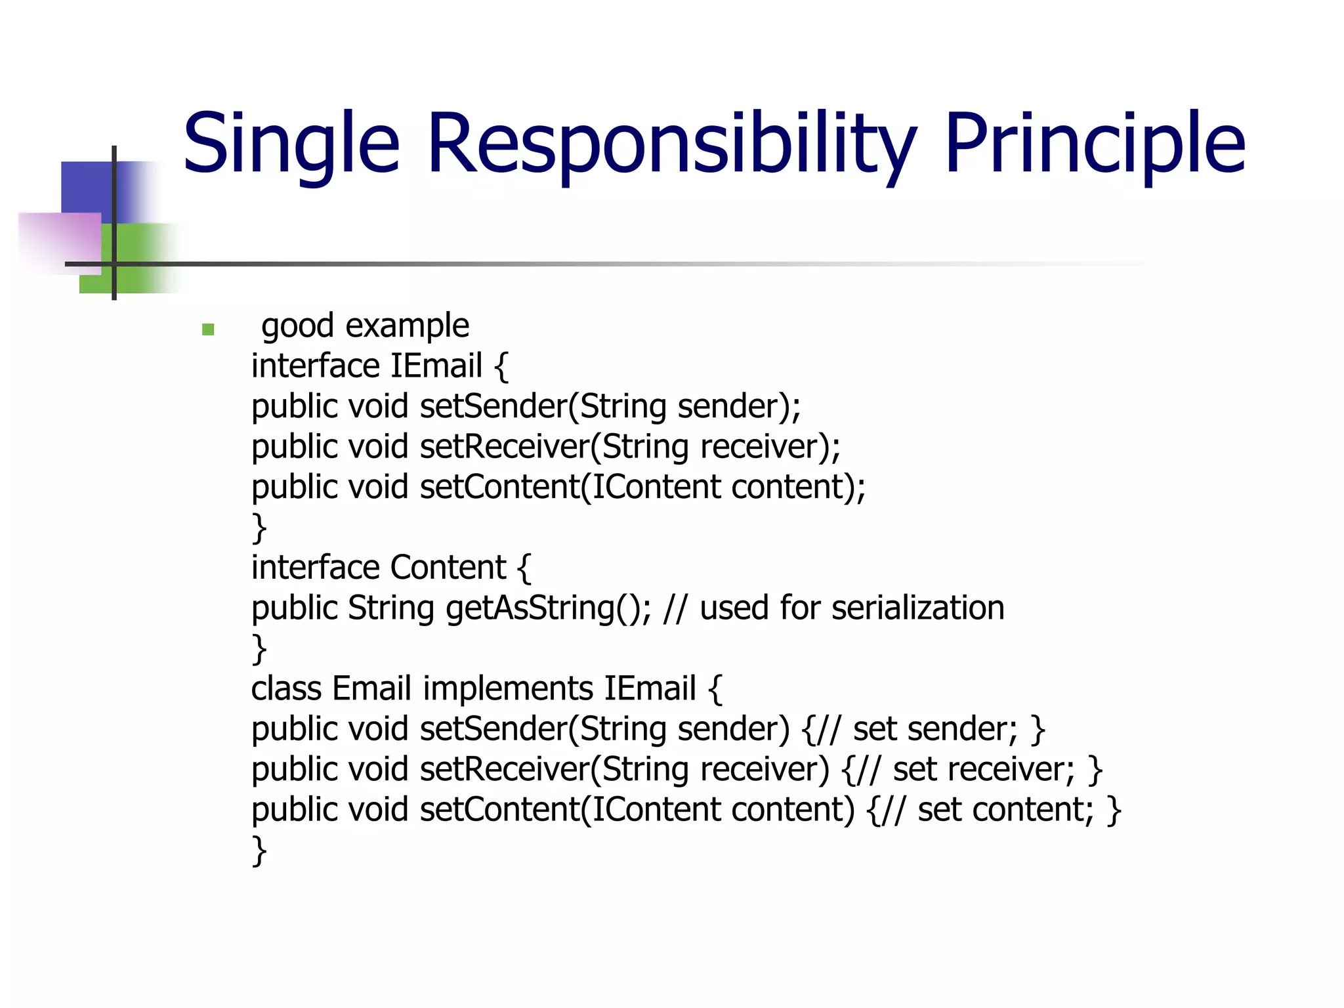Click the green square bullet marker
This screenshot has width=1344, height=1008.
point(208,329)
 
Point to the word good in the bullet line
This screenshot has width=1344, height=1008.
point(297,327)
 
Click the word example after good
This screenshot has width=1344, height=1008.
point(407,326)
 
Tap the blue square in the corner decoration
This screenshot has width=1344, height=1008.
point(89,187)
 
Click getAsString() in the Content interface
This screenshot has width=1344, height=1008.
point(549,608)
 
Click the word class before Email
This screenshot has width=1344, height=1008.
point(286,689)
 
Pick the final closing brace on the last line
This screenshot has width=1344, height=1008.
point(259,851)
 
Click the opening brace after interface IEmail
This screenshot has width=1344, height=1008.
point(501,366)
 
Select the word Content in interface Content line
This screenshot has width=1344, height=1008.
point(448,568)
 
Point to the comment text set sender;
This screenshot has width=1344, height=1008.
point(934,729)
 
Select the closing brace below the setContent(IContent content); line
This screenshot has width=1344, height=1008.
point(259,528)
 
